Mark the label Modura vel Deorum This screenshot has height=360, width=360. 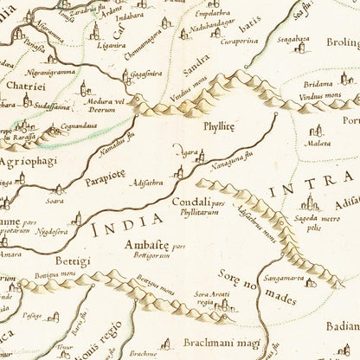pyautogui.click(x=106, y=106)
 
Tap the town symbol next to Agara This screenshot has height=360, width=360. pyautogui.click(x=202, y=156)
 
